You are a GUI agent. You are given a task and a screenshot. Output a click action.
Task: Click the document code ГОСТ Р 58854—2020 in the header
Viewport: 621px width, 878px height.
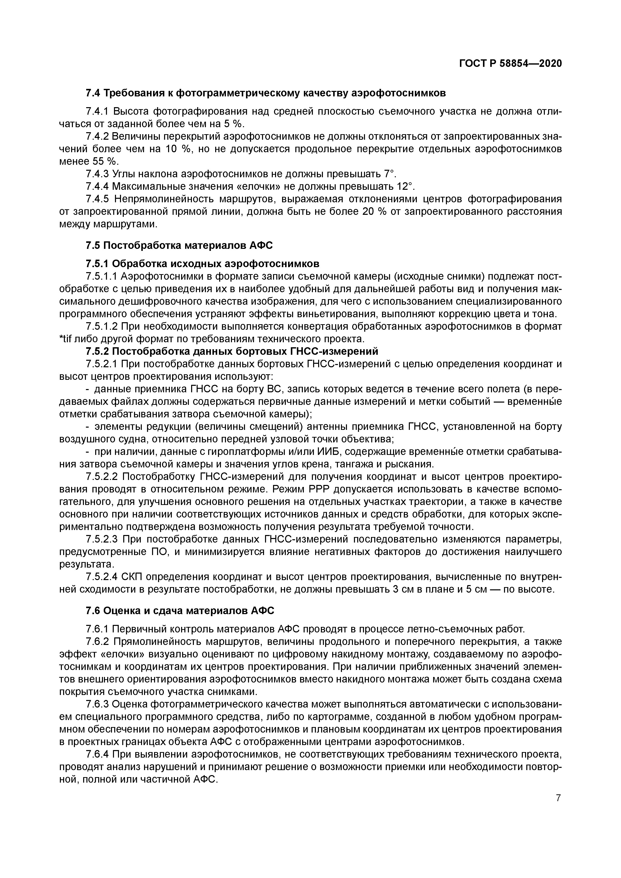click(511, 64)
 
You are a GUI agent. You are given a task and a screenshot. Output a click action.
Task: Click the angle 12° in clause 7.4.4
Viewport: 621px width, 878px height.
click(406, 187)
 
